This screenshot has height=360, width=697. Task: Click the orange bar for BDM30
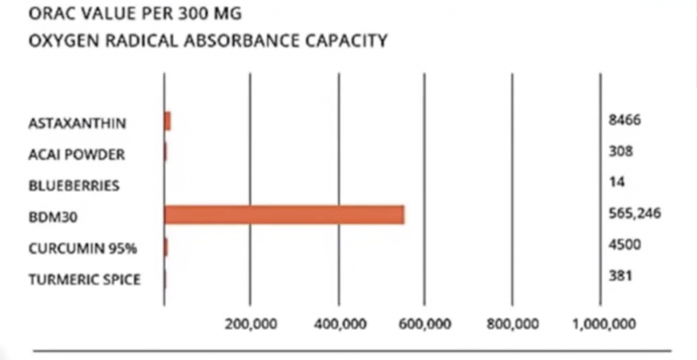point(285,214)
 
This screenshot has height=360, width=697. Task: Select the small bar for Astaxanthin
point(167,121)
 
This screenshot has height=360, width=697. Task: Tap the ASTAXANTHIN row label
point(78,124)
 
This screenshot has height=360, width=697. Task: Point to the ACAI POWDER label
point(77,154)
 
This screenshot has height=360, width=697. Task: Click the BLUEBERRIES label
point(74,185)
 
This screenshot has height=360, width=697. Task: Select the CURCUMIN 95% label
point(83,248)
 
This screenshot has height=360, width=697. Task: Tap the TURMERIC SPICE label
point(85,279)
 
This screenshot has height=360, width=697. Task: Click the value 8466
point(625,120)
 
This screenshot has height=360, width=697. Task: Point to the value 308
point(621,151)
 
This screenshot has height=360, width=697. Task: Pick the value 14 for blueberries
point(617,182)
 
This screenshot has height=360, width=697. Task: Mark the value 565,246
point(635,214)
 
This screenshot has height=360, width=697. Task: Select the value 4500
point(625,244)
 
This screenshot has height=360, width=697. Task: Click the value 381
point(621,276)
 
